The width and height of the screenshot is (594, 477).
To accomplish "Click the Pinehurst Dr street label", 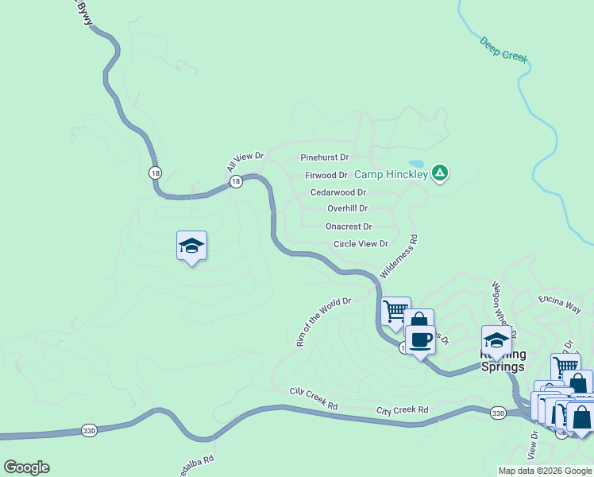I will click(324, 158).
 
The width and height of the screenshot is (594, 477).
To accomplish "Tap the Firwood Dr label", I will click(326, 175).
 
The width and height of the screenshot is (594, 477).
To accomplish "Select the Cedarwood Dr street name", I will click(337, 192).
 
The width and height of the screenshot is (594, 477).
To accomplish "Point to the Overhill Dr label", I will click(347, 208).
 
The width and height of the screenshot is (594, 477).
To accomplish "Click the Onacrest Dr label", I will click(349, 227).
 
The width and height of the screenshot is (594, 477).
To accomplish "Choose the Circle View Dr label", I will click(361, 244).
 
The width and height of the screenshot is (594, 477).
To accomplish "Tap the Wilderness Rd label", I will click(399, 255).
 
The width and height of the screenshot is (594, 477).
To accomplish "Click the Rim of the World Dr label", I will click(323, 321).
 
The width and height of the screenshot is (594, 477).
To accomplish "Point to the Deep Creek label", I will click(503, 48).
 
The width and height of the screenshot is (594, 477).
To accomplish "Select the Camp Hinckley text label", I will click(391, 174).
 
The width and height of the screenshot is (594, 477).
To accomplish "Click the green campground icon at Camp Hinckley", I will click(441, 173).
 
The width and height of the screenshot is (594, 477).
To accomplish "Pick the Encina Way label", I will click(559, 303).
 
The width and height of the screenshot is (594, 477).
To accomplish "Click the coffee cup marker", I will click(420, 339).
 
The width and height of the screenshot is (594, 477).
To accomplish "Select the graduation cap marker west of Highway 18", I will click(191, 246).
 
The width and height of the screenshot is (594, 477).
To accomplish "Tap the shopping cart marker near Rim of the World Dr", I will click(395, 311).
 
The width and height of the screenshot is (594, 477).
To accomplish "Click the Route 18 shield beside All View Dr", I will click(236, 182).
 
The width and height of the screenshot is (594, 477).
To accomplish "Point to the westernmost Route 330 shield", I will click(90, 430).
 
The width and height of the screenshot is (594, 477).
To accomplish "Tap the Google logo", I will click(26, 467).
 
